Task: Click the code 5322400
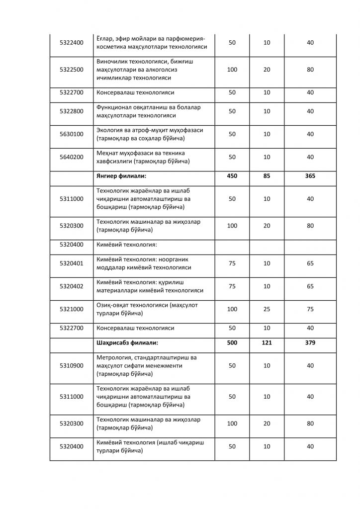coord(71,43)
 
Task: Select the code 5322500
coord(71,70)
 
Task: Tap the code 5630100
coord(71,134)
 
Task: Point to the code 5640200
coord(71,157)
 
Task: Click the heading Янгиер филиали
coord(121,176)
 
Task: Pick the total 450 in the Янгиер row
coord(232,176)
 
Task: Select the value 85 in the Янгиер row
coord(267,176)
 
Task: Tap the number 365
coord(310,176)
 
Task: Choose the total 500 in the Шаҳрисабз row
coord(232,343)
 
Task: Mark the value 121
coord(267,343)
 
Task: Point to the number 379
coord(310,343)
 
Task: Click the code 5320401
coord(71,263)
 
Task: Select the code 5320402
coord(71,286)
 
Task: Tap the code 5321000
coord(71,309)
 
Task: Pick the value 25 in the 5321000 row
coord(267,309)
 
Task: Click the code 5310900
coord(71,366)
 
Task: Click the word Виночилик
coord(112,62)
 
